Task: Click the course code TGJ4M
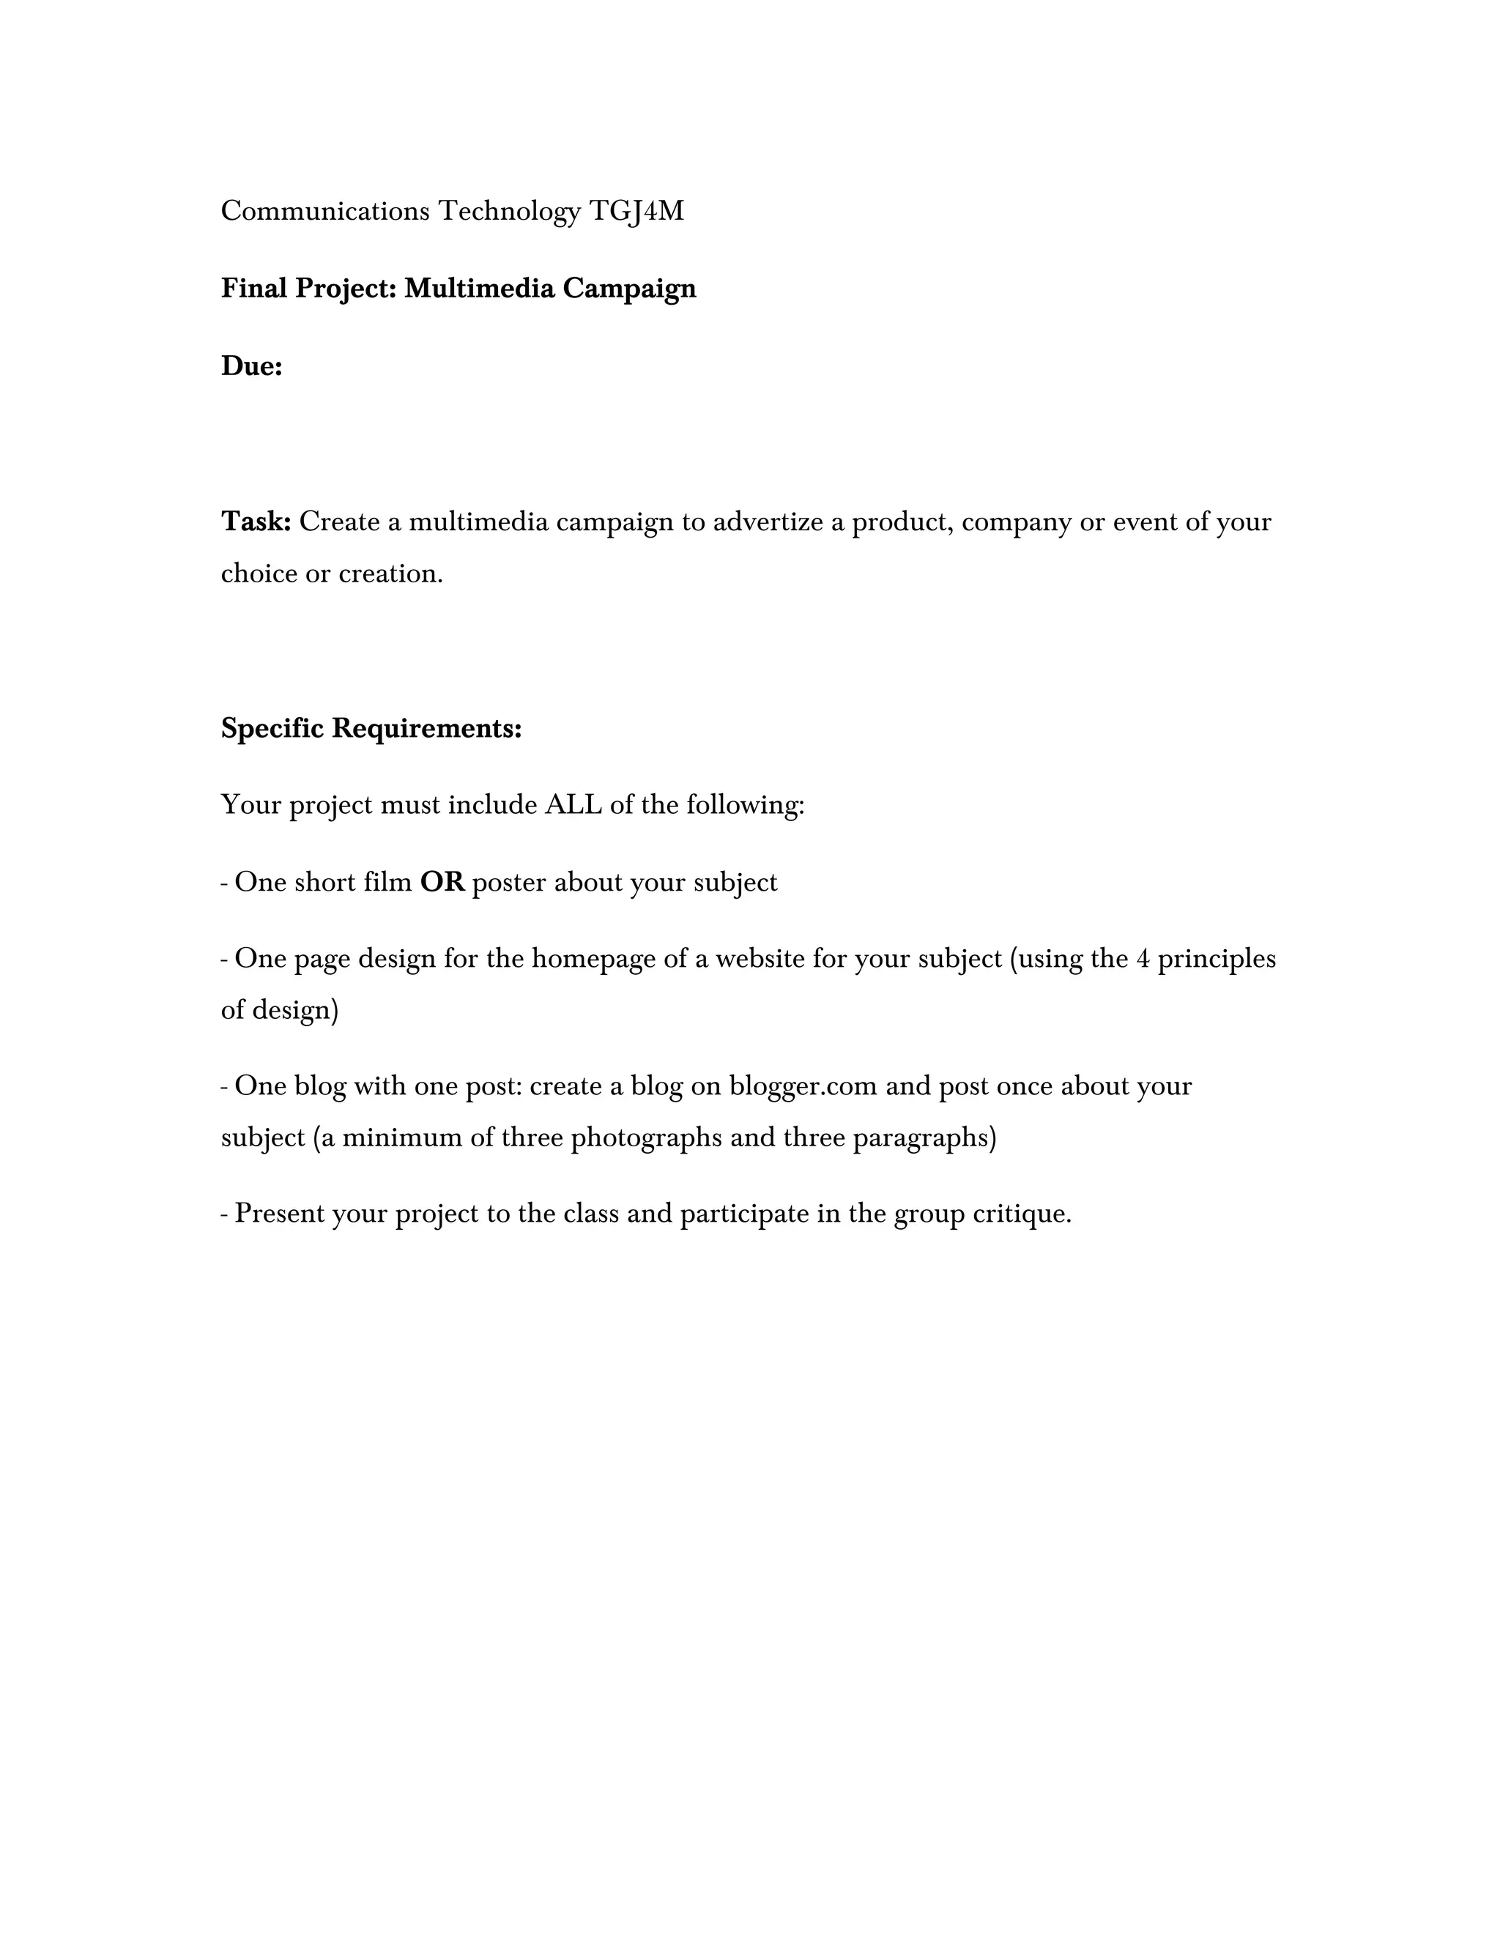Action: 636,212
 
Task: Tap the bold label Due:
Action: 251,366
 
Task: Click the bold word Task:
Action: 256,522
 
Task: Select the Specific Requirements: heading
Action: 371,729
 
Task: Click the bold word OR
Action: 442,883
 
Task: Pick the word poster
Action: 509,883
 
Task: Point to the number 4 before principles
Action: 1143,959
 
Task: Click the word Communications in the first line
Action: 325,212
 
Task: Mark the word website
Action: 760,959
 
